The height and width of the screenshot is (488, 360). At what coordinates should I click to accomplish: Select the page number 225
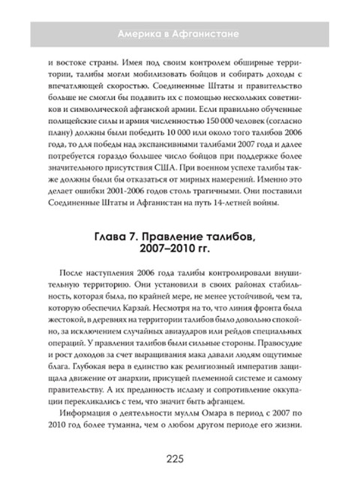(x=180, y=458)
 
